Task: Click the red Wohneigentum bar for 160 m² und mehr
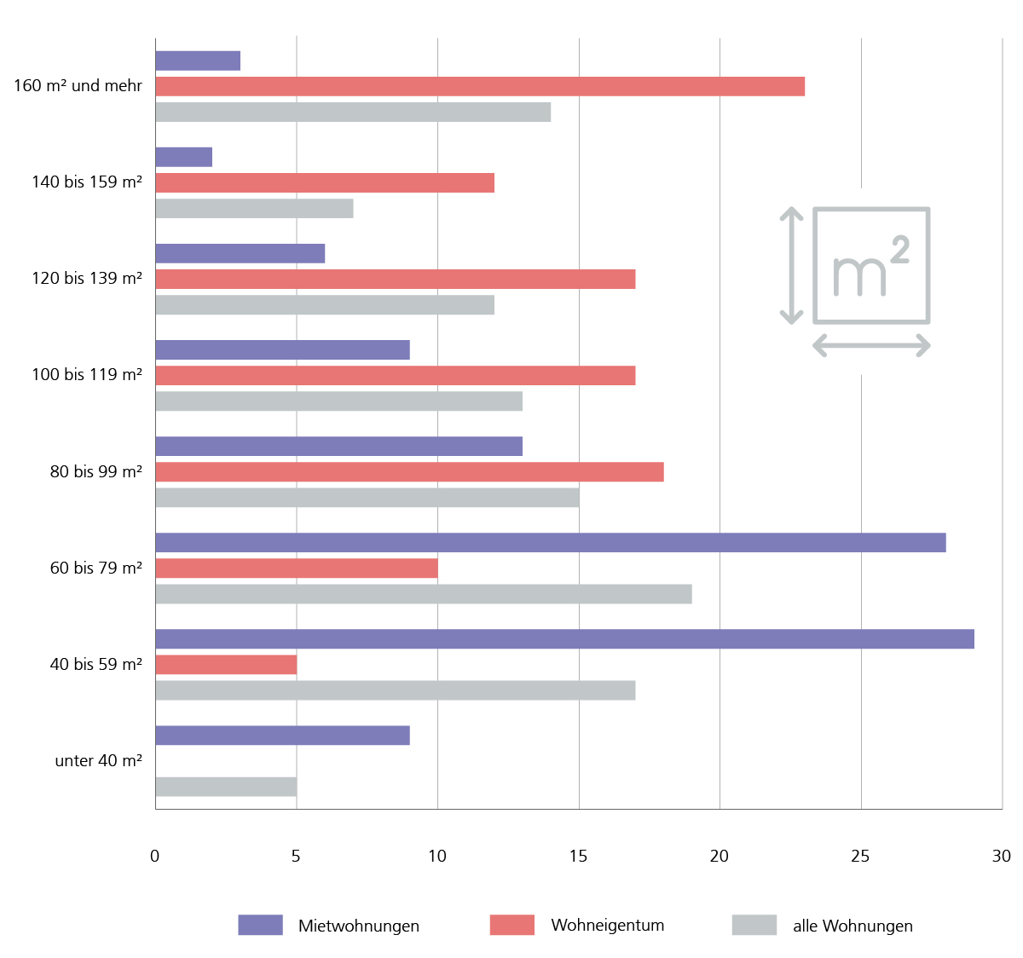coord(480,86)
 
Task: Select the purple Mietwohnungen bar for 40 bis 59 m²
coord(564,639)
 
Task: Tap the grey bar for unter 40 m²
coord(226,787)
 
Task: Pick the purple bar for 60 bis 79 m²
coord(551,543)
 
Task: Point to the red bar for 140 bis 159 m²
coord(325,182)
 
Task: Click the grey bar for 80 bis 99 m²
coord(367,498)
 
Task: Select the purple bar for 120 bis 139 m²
coord(240,253)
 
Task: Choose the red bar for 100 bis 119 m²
coord(396,375)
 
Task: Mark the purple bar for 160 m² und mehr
coord(198,61)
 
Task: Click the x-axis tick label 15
coord(579,856)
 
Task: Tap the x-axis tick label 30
coord(1002,856)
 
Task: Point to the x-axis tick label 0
coord(154,856)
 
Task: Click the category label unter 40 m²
coord(98,760)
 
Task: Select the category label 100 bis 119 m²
coord(87,374)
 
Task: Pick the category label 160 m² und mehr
coord(78,85)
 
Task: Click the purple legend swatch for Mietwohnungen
coord(260,925)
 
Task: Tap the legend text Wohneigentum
coord(608,925)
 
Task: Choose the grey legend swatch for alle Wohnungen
coord(754,925)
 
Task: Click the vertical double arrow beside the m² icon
coord(791,265)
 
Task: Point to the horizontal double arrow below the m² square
coord(871,345)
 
